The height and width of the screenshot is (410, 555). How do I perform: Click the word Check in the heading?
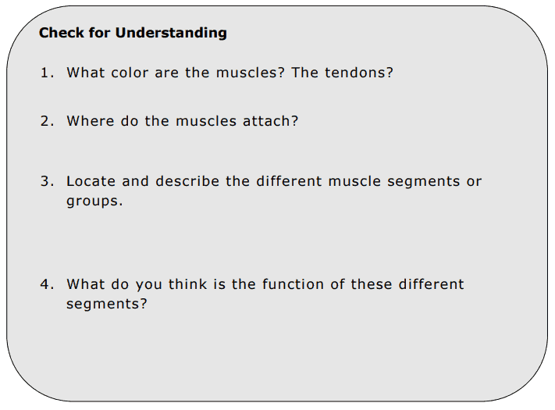(x=59, y=33)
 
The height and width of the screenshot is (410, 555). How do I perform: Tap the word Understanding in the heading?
(x=171, y=33)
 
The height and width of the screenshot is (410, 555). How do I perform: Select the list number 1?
(x=46, y=73)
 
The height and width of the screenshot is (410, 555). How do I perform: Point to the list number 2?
(x=46, y=122)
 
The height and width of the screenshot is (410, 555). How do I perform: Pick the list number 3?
(x=46, y=182)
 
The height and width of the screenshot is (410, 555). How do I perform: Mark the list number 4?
(x=46, y=285)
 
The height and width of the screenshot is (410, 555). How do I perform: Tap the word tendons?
(x=358, y=73)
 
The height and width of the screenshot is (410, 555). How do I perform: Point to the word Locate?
(x=91, y=182)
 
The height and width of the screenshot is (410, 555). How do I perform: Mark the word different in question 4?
(x=432, y=285)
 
